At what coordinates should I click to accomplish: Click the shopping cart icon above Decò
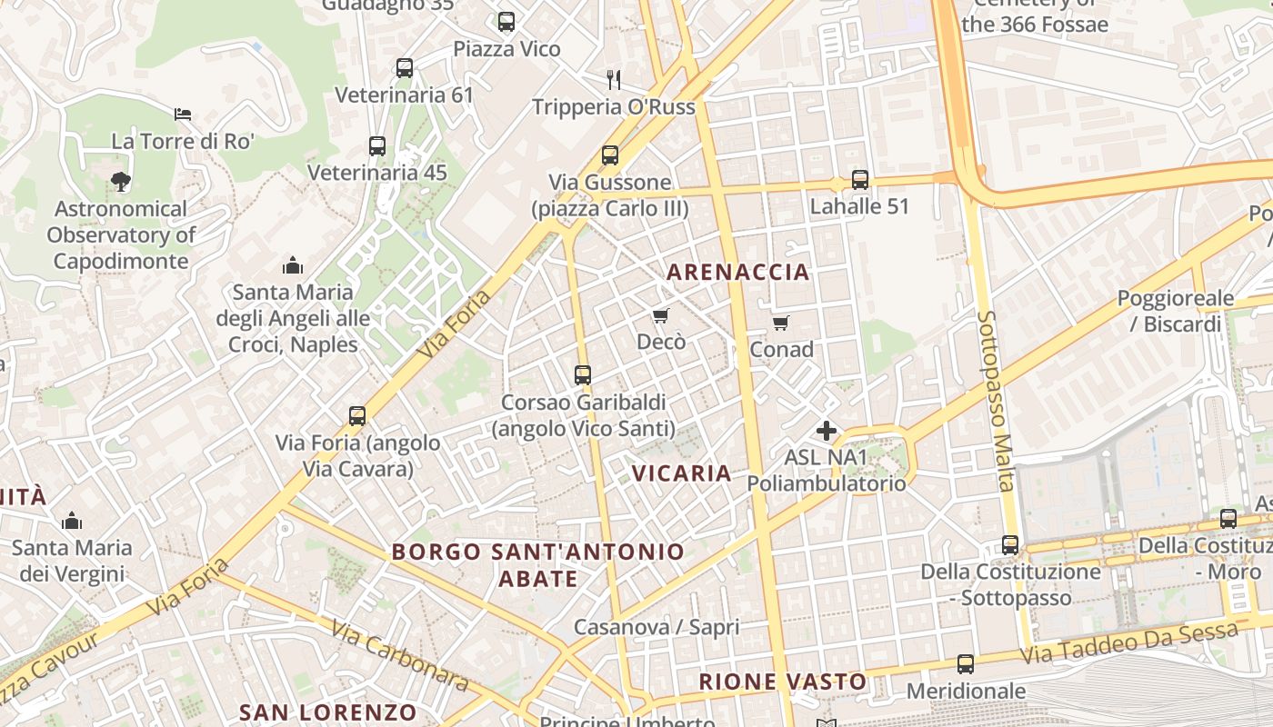661,315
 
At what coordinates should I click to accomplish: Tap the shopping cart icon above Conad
781,323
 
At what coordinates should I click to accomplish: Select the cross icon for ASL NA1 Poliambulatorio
827,431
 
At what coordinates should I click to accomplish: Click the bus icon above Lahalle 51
860,180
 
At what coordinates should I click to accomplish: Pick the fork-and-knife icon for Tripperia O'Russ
614,80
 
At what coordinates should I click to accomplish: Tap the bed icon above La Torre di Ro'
183,115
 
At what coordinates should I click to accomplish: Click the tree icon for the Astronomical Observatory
120,182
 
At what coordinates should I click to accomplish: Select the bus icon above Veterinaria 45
377,145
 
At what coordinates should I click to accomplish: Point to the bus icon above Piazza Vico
506,22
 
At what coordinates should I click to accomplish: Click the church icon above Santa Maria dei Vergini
72,521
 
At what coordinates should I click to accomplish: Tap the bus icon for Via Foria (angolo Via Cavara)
357,416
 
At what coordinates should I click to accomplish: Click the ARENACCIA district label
737,272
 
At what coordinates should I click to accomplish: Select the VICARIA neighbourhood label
682,473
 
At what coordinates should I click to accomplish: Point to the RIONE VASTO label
783,681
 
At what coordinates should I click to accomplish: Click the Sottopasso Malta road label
996,400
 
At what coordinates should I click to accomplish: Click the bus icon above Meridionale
966,664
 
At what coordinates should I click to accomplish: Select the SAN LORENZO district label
327,712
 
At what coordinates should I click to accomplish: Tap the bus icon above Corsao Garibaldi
583,374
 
